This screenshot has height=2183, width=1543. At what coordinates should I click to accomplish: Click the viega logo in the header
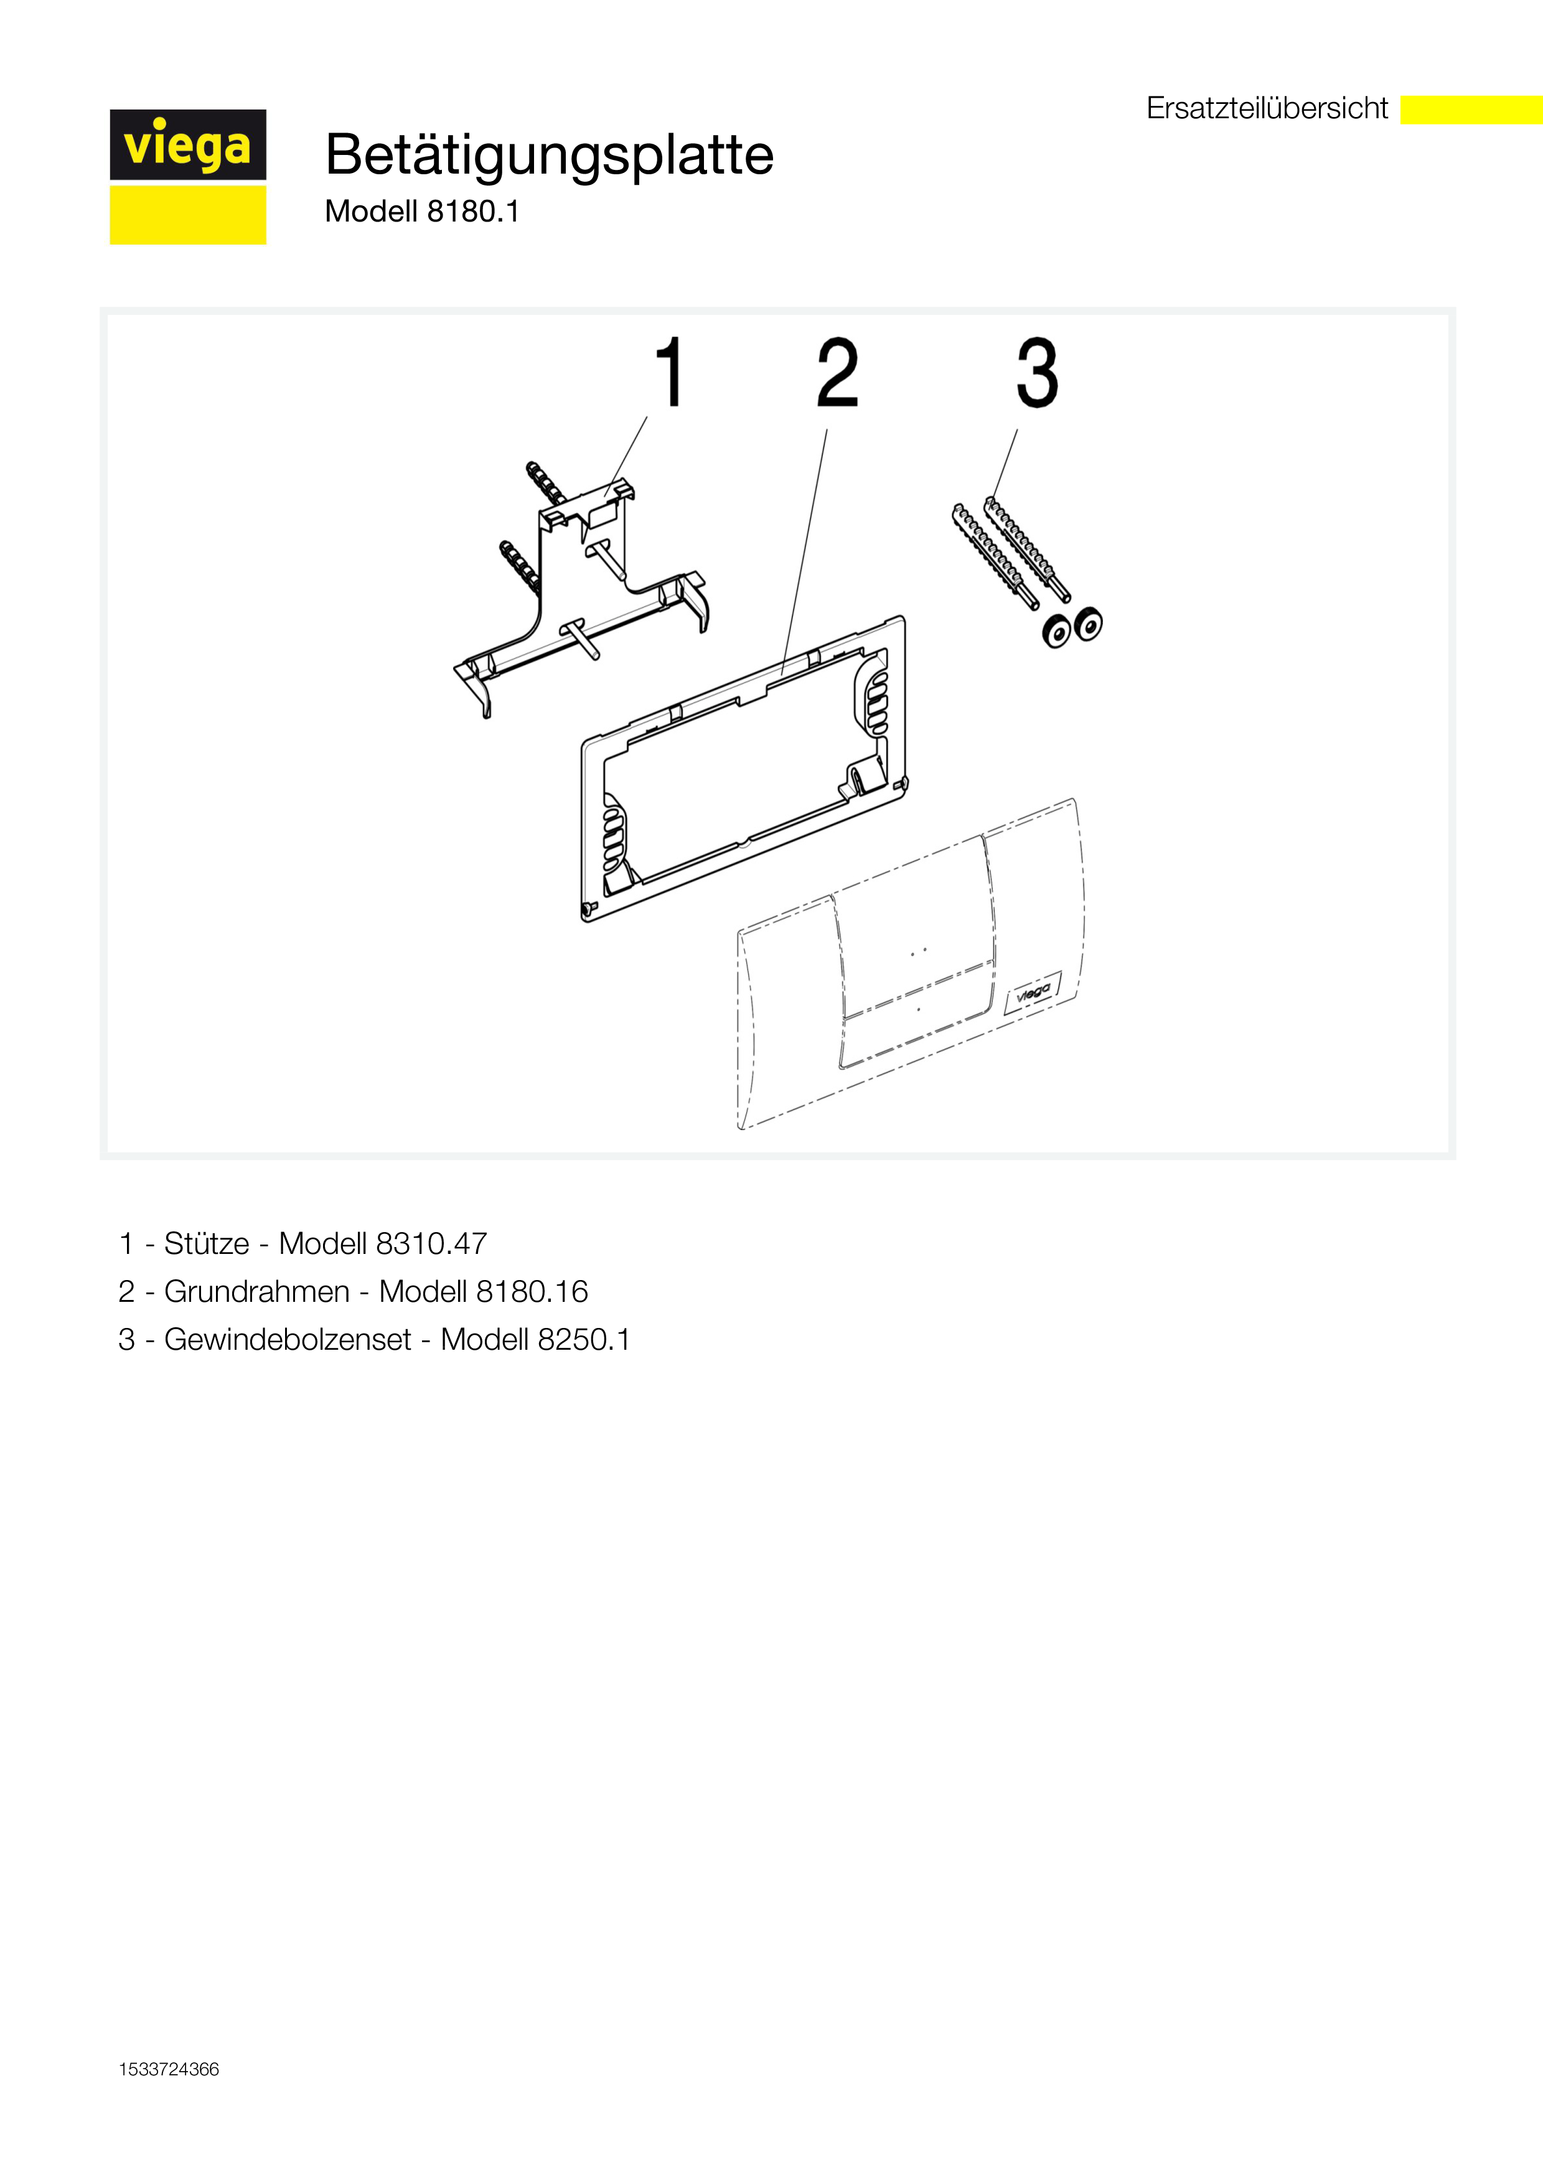tap(187, 144)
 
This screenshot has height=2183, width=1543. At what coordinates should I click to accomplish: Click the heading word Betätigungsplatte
tap(550, 155)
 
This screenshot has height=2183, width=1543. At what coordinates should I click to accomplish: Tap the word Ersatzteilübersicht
tap(1267, 108)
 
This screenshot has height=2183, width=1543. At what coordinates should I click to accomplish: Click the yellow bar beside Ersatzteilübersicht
tap(1471, 110)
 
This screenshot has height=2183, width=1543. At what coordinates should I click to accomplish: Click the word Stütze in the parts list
tap(206, 1243)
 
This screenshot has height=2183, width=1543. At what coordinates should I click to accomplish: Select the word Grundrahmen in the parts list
tap(256, 1291)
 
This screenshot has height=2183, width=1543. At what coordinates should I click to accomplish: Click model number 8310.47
tap(431, 1243)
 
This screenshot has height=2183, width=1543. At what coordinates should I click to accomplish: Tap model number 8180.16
tap(532, 1291)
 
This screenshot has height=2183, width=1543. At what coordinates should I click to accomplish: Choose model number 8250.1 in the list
tap(583, 1340)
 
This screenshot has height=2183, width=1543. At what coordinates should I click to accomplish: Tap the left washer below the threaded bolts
tap(1056, 632)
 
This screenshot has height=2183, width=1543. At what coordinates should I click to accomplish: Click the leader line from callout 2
tap(804, 551)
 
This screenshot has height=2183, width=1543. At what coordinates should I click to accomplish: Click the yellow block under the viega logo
tap(187, 215)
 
